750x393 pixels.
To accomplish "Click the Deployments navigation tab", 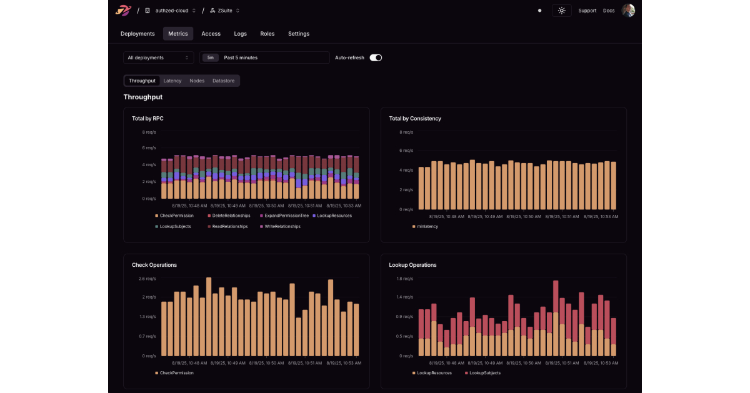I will click(x=137, y=34).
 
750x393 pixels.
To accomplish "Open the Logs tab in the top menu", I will click(x=240, y=34).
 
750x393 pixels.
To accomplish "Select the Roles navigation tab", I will click(x=267, y=34).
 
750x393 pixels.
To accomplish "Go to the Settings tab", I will click(x=298, y=34).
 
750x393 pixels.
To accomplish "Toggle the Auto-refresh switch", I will click(x=376, y=57).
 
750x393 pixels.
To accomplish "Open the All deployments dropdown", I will click(x=158, y=57).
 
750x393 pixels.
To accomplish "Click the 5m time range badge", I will click(x=211, y=57).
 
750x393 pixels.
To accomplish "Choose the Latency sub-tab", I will click(x=172, y=81).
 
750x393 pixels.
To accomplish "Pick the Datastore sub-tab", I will click(x=223, y=81).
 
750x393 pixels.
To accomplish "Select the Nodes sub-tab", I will click(x=197, y=81).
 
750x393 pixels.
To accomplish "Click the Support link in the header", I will click(x=587, y=11).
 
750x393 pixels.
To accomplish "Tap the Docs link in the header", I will click(x=609, y=11).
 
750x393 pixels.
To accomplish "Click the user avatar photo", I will click(x=628, y=11).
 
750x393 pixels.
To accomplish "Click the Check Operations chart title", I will click(x=154, y=265).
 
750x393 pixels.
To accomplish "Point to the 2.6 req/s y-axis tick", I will click(x=147, y=279).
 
